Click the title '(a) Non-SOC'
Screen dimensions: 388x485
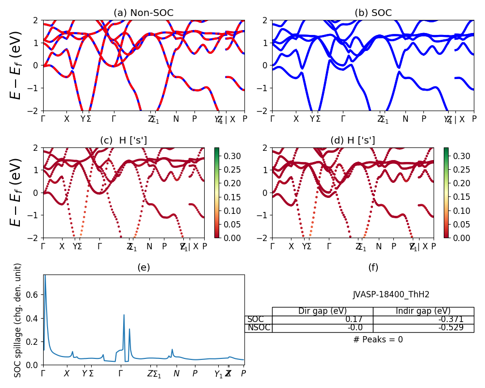pyautogui.click(x=144, y=13)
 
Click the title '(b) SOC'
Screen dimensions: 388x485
pyautogui.click(x=373, y=13)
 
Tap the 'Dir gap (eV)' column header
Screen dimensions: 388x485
pyautogui.click(x=323, y=311)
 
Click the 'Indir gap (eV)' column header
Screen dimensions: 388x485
pyautogui.click(x=423, y=311)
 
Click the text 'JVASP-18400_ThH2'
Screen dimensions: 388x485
pyautogui.click(x=391, y=294)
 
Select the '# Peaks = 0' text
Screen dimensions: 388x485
pyautogui.click(x=378, y=339)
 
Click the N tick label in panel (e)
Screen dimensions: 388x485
pyautogui.click(x=177, y=374)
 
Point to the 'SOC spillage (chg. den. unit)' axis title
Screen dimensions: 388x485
pyautogui.click(x=18, y=320)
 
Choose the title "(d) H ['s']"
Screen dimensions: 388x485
pyautogui.click(x=353, y=141)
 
